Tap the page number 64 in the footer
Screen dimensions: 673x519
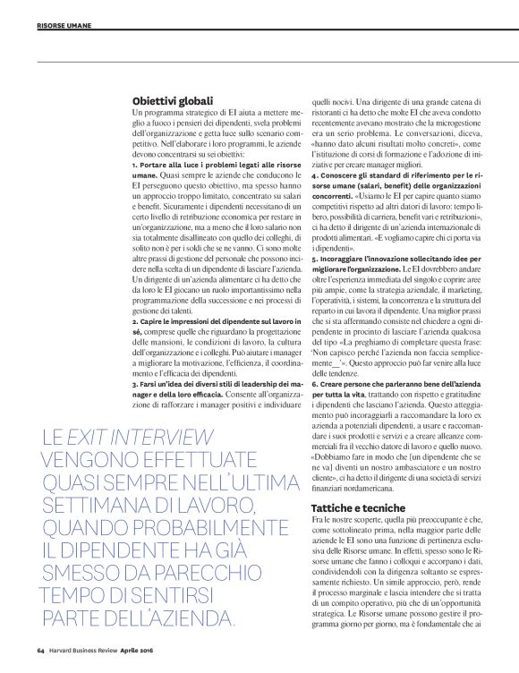41,650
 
